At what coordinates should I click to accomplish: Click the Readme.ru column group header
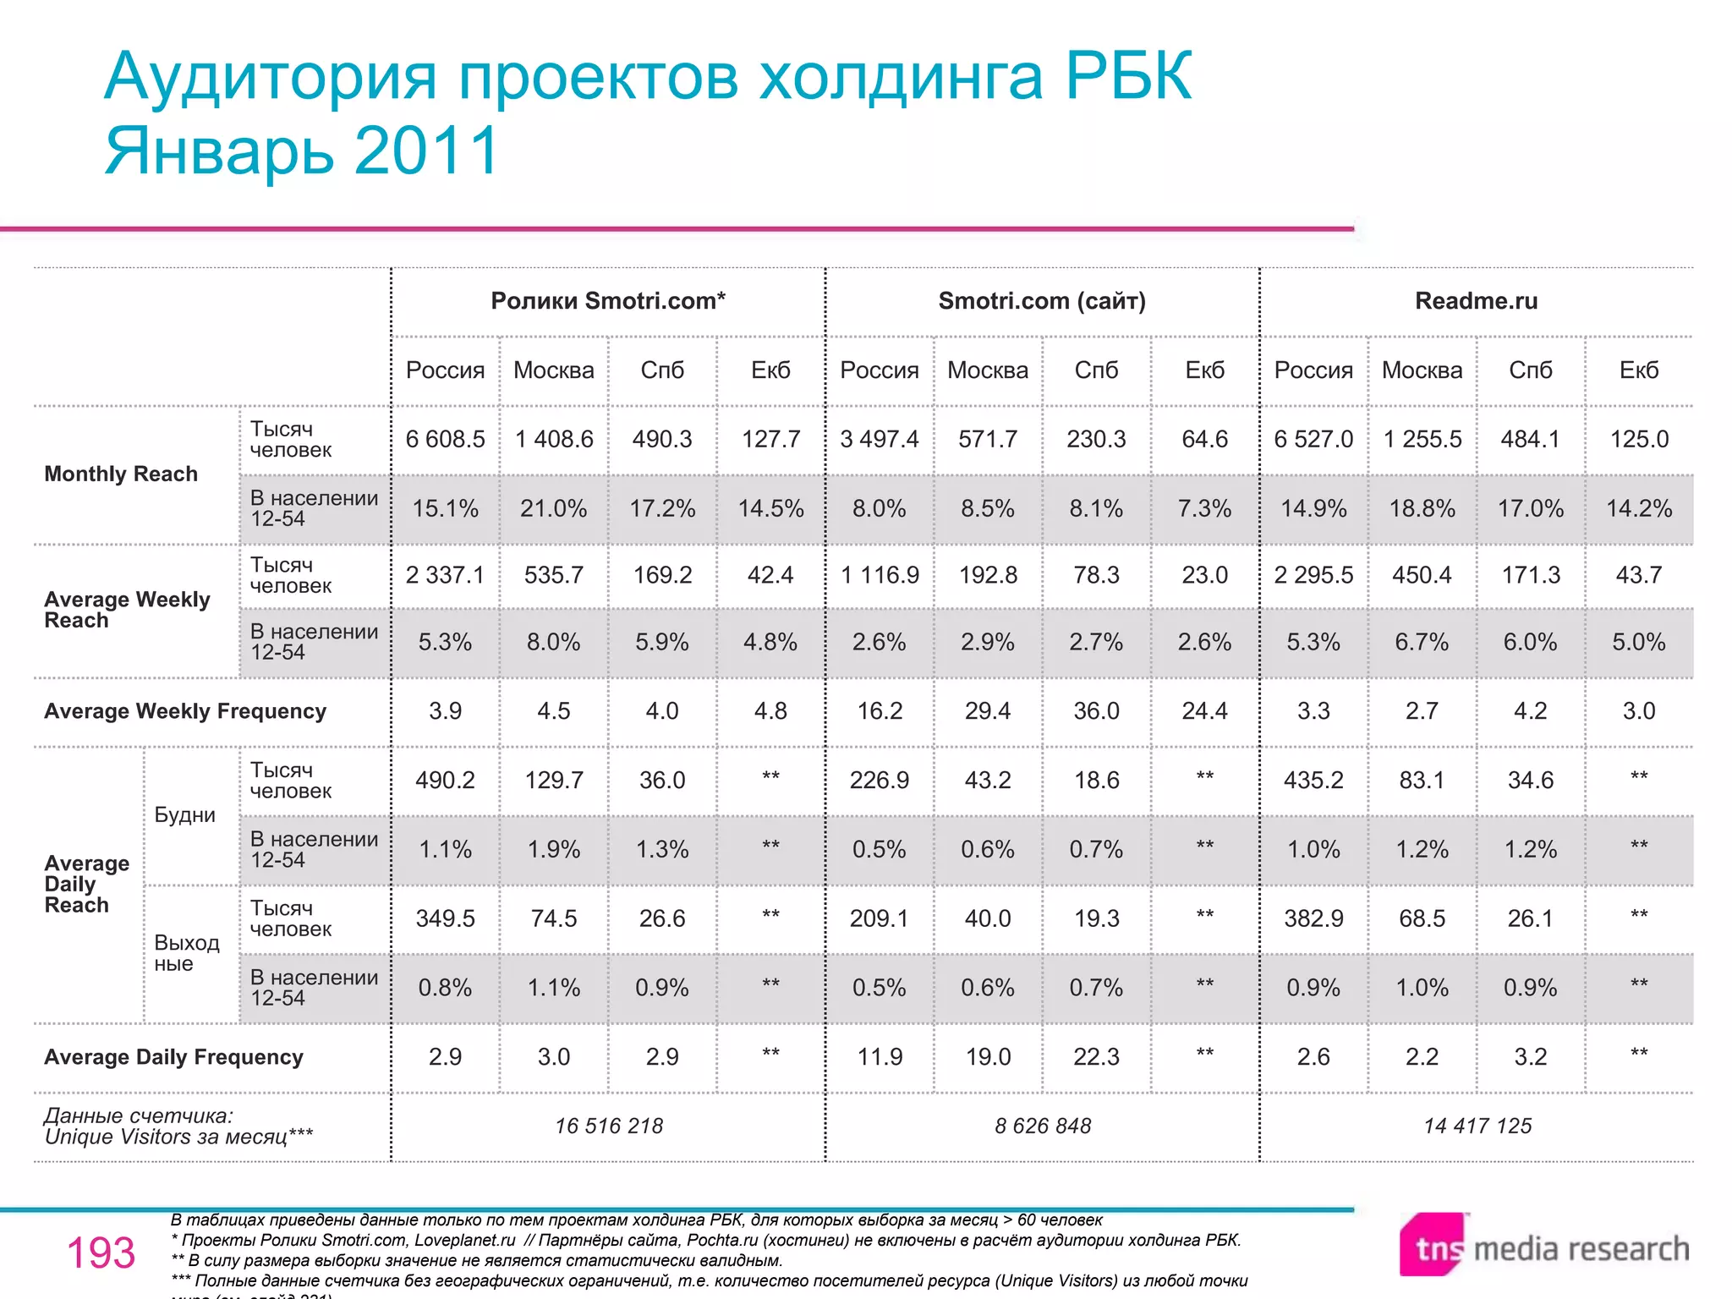point(1476,301)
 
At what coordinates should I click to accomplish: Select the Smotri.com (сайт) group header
point(1042,301)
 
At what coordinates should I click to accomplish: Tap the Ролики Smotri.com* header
point(608,301)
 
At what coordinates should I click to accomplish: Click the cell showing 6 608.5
point(445,440)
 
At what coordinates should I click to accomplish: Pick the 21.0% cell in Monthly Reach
point(553,509)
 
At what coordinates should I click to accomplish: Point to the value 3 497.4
point(879,440)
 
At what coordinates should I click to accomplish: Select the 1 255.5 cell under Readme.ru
point(1422,440)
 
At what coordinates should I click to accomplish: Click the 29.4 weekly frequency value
point(987,711)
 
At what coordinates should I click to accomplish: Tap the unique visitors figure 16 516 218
point(609,1126)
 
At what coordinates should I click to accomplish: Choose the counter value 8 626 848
point(1043,1126)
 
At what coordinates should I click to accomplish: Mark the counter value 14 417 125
point(1477,1126)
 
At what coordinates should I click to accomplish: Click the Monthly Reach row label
point(121,474)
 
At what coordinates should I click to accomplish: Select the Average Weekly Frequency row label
point(185,711)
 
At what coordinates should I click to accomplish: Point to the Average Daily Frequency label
point(173,1057)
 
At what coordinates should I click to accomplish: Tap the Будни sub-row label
point(184,815)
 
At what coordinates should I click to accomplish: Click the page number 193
point(101,1253)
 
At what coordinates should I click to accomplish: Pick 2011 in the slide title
point(427,151)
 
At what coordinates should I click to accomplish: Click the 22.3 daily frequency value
point(1096,1057)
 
